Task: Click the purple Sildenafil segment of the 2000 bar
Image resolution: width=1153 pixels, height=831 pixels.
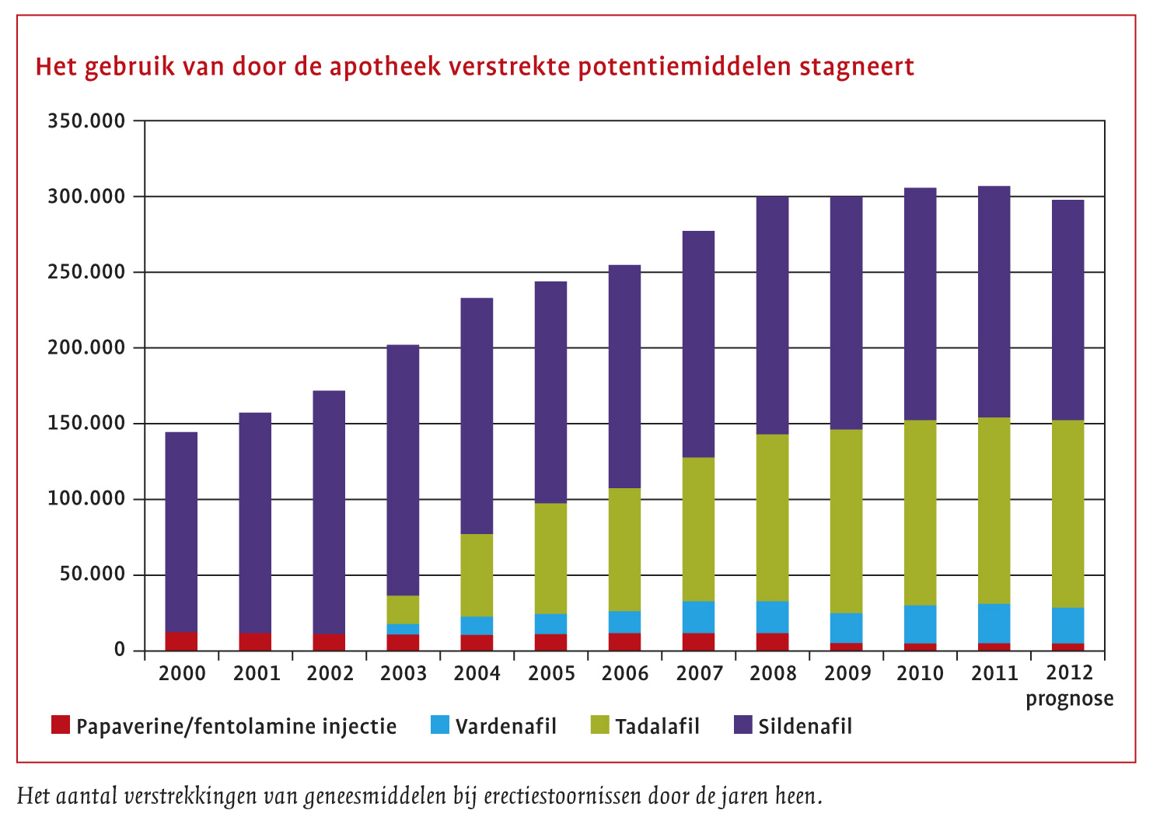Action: point(181,532)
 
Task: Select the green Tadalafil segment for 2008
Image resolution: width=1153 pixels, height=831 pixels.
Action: point(772,518)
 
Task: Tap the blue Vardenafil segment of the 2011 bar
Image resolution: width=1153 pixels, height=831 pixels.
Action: point(994,623)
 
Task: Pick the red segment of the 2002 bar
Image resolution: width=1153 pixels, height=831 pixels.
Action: point(329,642)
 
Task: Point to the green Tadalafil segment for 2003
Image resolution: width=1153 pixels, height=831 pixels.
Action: point(403,609)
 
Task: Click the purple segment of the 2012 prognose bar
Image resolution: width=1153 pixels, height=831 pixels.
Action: point(1067,310)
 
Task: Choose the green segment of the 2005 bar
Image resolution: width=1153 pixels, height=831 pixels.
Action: point(550,558)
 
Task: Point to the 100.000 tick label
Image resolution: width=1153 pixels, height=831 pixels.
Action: point(86,498)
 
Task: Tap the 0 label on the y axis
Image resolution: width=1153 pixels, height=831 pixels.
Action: point(119,650)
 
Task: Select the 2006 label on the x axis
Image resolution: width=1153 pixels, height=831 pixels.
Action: point(624,673)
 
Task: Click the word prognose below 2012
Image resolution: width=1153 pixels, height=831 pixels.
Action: point(1069,699)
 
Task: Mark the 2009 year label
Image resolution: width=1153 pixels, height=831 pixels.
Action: point(847,673)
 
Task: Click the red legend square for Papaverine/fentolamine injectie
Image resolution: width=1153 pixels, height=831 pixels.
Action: point(61,725)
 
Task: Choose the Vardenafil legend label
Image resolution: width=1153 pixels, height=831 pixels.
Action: point(506,727)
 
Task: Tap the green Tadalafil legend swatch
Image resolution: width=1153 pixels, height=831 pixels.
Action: point(599,725)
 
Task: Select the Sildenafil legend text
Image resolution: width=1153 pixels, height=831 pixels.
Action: point(805,727)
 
